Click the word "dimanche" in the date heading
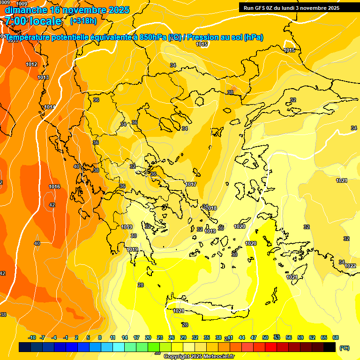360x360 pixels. point(25,10)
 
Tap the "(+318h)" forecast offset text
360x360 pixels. point(83,21)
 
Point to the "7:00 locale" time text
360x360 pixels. point(33,21)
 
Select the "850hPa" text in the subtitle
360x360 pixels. point(153,37)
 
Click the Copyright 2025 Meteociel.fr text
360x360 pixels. point(199,357)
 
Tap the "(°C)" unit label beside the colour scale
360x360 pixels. point(344,347)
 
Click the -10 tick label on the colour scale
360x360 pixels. point(32,337)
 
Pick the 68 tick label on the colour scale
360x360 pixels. point(336,337)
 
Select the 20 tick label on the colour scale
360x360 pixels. point(148,337)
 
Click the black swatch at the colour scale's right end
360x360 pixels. point(330,347)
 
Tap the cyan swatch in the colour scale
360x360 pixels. point(118,347)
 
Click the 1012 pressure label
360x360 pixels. point(31,64)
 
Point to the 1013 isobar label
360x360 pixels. point(43,77)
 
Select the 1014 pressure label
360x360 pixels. point(49,107)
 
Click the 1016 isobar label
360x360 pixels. point(54,187)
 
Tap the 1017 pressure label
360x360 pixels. point(191,184)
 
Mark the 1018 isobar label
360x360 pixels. point(211,208)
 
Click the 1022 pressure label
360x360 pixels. point(350,266)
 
